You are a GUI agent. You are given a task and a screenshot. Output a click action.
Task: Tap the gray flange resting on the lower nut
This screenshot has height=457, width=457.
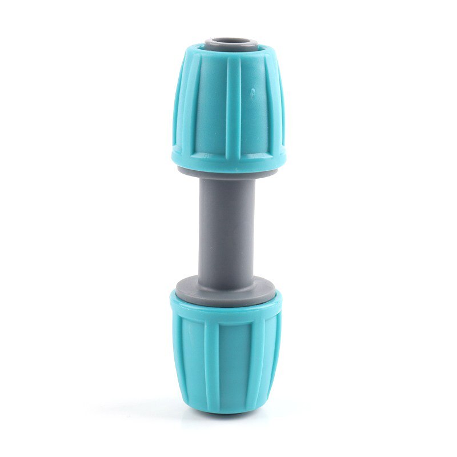click(x=226, y=285)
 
